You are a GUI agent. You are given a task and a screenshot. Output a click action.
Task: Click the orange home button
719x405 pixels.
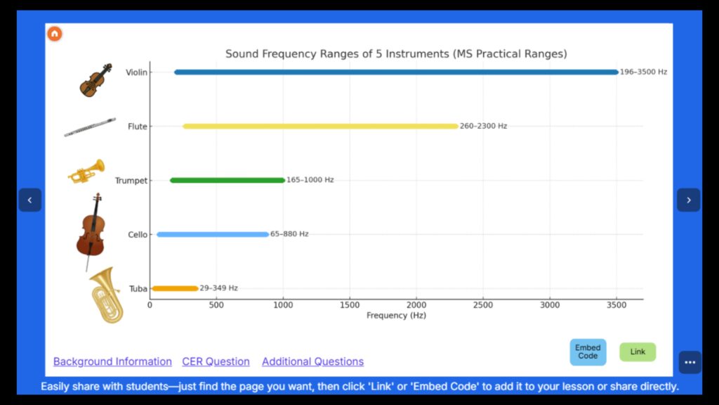point(55,34)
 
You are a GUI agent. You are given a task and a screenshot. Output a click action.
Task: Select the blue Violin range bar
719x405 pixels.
point(396,72)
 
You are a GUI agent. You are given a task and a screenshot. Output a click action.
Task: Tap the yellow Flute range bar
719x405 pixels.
point(320,127)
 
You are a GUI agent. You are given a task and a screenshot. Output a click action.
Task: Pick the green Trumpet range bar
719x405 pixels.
point(227,180)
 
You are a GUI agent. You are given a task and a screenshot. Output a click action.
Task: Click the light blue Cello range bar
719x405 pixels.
point(213,234)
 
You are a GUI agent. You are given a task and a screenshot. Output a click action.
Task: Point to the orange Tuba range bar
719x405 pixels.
point(175,288)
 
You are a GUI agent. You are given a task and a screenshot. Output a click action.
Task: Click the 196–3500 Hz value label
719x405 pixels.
point(643,72)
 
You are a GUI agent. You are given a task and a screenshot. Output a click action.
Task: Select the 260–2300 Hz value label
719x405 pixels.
point(483,127)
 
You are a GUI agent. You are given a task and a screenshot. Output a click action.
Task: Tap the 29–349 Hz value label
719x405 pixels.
point(218,288)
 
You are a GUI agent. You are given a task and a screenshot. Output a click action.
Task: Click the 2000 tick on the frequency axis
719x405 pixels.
point(416,305)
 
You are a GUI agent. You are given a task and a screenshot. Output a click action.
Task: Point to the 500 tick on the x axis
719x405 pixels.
point(216,305)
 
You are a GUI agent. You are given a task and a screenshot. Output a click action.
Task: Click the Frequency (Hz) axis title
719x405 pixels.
point(396,316)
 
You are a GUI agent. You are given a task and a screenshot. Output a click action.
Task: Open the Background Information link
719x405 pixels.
point(112,361)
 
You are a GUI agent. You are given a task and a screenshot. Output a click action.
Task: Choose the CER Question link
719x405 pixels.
point(216,361)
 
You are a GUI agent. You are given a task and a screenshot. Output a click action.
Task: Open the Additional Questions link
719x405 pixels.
point(312,361)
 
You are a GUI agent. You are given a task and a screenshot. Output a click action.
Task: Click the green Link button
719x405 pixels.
point(637,352)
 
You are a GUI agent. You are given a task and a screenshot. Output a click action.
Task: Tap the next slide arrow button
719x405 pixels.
point(688,200)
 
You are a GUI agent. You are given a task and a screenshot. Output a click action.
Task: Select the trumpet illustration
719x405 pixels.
point(86,172)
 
